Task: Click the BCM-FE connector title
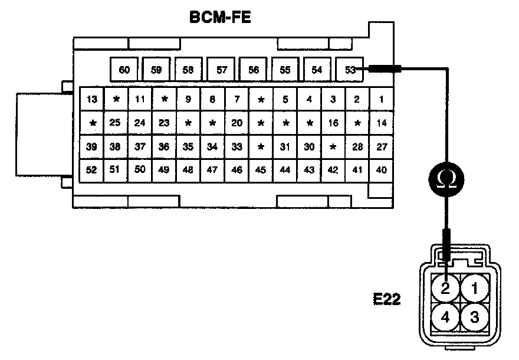[x=221, y=18]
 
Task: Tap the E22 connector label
[x=387, y=299]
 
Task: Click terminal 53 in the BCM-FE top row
[x=350, y=70]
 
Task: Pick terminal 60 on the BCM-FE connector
[x=124, y=70]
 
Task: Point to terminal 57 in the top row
[x=222, y=70]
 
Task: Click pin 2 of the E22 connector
[x=446, y=289]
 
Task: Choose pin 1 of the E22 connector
[x=474, y=289]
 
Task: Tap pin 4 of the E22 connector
[x=446, y=318]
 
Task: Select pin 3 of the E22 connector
[x=474, y=318]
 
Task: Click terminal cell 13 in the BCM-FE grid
[x=91, y=99]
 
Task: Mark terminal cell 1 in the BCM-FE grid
[x=382, y=99]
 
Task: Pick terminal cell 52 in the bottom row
[x=91, y=170]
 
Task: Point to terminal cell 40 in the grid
[x=382, y=170]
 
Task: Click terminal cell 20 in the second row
[x=236, y=123]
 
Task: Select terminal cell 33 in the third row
[x=236, y=146]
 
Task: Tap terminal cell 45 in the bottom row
[x=261, y=170]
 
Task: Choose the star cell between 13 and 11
[x=116, y=99]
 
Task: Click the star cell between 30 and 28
[x=333, y=146]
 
